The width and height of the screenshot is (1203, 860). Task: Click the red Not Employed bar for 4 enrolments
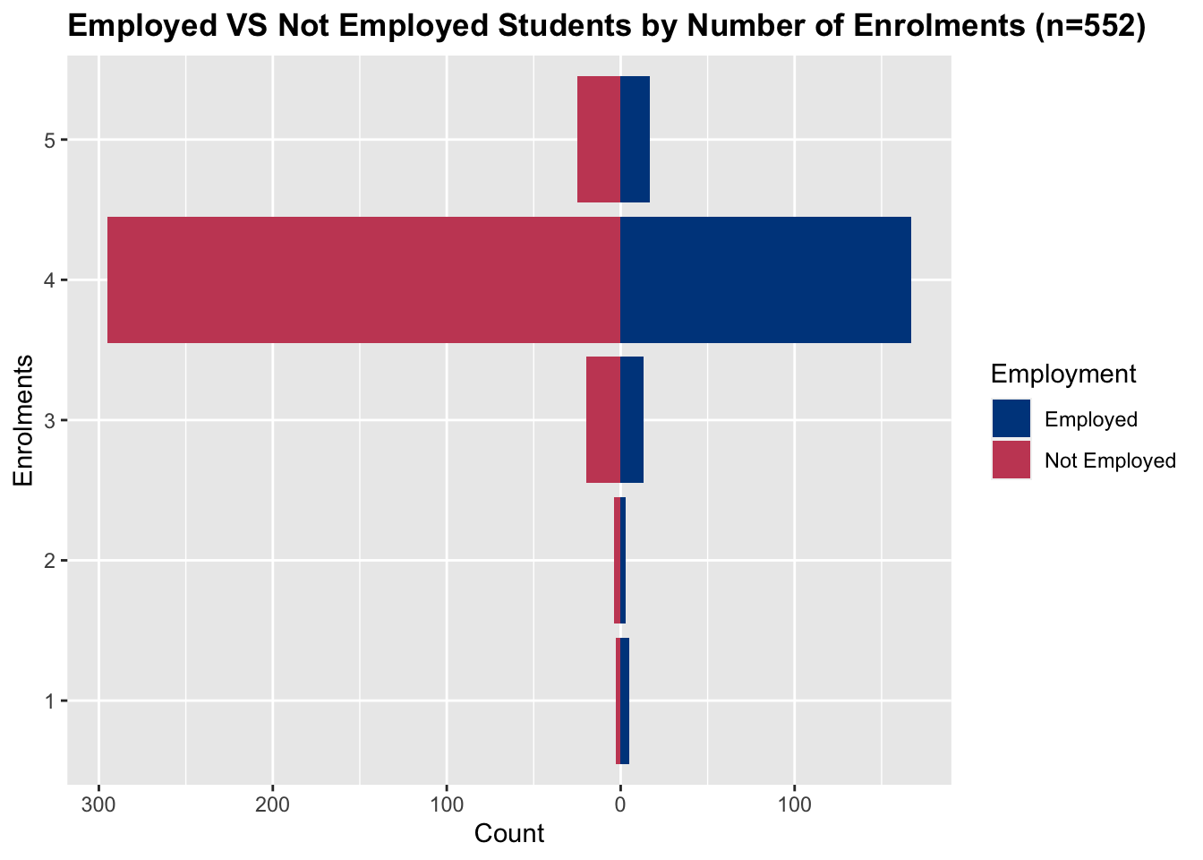(x=363, y=279)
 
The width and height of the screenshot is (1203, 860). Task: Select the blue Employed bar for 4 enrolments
(x=765, y=279)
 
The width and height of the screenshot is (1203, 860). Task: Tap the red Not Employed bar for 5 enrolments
(x=598, y=139)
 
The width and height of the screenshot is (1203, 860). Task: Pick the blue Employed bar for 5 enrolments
(x=635, y=139)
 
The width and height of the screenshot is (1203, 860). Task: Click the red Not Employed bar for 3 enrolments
(x=602, y=419)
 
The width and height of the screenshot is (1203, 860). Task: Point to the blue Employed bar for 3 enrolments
(x=632, y=419)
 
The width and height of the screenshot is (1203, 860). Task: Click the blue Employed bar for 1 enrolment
(x=625, y=701)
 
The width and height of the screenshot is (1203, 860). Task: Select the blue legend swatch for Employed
(x=1011, y=419)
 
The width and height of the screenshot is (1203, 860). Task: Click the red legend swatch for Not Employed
(x=1011, y=460)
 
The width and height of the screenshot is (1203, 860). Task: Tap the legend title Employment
(x=1063, y=374)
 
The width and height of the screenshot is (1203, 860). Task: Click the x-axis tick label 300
(x=98, y=804)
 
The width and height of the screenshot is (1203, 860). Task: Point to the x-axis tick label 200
(x=273, y=804)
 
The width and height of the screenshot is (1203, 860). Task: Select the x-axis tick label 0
(x=620, y=804)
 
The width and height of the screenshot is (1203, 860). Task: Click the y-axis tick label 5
(x=49, y=140)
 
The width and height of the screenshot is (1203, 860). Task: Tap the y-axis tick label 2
(x=49, y=561)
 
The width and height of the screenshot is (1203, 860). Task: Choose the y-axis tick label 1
(x=49, y=701)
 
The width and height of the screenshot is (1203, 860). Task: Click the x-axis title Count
(x=508, y=834)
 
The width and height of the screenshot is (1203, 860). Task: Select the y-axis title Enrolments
(x=24, y=420)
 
